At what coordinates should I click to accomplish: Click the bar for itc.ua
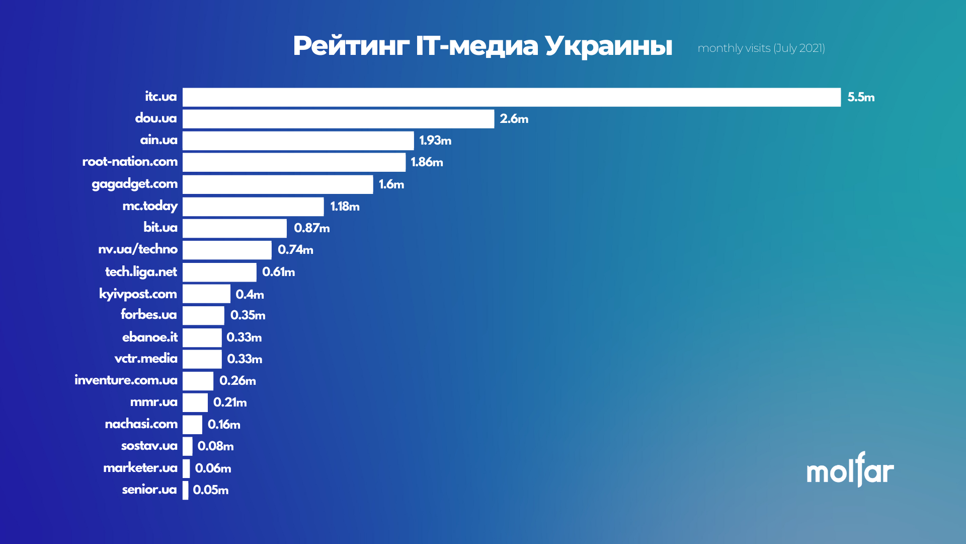click(x=511, y=97)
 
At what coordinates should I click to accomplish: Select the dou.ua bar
click(x=338, y=119)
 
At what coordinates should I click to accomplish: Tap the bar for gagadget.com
click(x=278, y=184)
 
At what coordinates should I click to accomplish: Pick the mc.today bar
click(x=253, y=207)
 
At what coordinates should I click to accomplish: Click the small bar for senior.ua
click(x=186, y=490)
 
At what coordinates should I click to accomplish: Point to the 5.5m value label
click(x=861, y=97)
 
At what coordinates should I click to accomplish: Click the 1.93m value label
click(x=435, y=141)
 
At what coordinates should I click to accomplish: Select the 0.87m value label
click(x=311, y=228)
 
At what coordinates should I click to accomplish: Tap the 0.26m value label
click(x=237, y=381)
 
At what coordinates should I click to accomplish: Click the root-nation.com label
click(x=130, y=162)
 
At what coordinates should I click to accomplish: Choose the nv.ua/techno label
click(x=137, y=249)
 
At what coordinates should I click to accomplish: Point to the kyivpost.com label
click(x=138, y=294)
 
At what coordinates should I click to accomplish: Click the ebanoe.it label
click(x=149, y=337)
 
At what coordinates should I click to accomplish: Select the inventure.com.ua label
click(x=126, y=380)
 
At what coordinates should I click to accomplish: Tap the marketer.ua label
click(x=140, y=468)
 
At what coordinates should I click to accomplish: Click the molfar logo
click(x=850, y=470)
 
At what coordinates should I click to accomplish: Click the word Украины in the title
click(x=608, y=46)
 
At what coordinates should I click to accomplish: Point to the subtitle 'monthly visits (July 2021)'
click(x=761, y=48)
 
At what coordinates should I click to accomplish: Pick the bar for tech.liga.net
click(x=219, y=272)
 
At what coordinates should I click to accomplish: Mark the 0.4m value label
click(x=250, y=294)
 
